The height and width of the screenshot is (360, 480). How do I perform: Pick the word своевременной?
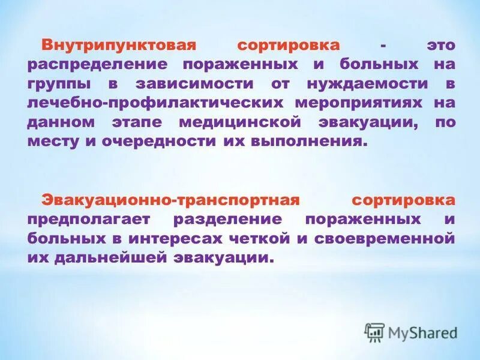pos(384,238)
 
